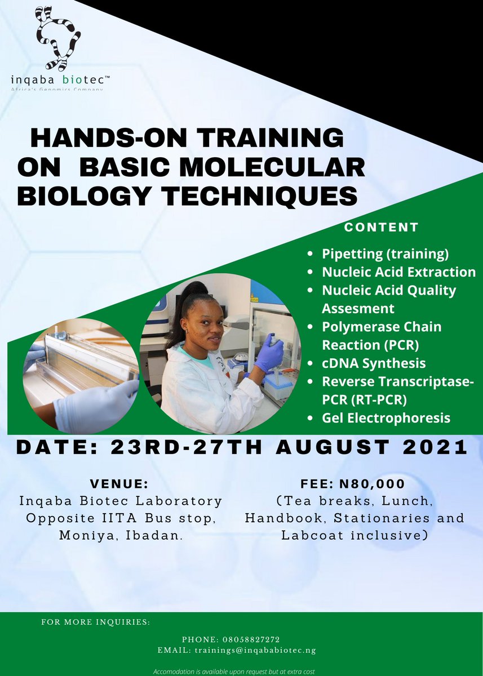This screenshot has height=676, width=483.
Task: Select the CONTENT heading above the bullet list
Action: (x=382, y=228)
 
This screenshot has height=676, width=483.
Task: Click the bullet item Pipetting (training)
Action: (x=385, y=253)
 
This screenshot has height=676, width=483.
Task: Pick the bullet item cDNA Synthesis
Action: (x=374, y=363)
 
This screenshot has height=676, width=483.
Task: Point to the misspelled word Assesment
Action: (x=358, y=309)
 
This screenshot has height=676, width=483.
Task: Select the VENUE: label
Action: (x=119, y=484)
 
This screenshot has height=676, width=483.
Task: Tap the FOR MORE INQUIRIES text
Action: (x=96, y=622)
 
